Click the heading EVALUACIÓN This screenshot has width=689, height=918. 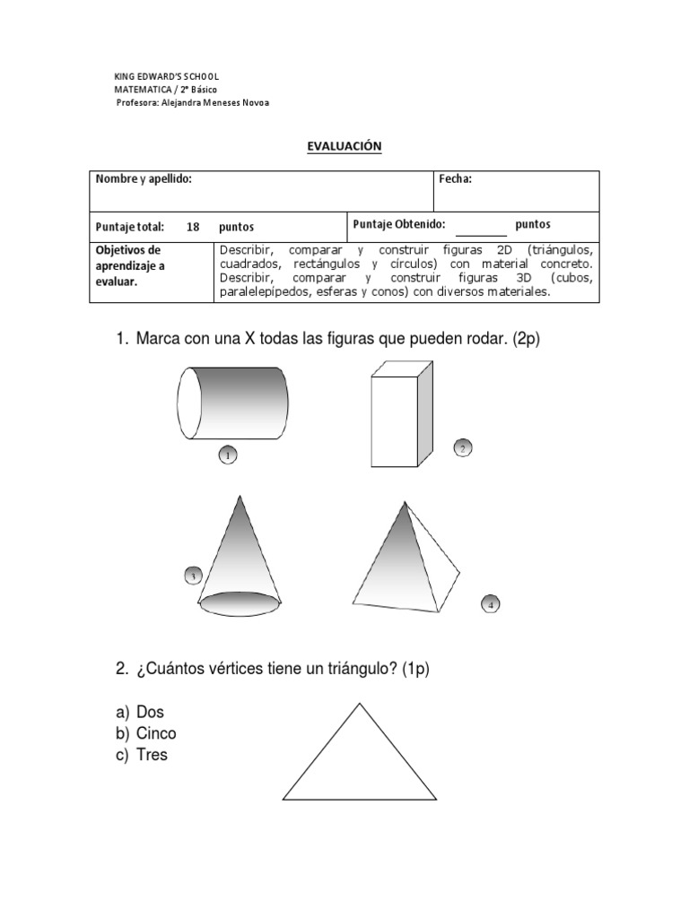coord(344,146)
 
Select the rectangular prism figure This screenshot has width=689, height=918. coord(401,413)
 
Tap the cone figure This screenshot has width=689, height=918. coord(240,560)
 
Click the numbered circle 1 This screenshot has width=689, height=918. coord(228,456)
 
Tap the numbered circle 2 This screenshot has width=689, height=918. coord(462,448)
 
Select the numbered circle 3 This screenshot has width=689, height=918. coord(193,575)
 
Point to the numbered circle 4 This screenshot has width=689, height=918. coord(490,603)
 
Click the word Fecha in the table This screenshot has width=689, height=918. coord(455,179)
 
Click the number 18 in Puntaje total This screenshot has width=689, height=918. coord(193,227)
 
